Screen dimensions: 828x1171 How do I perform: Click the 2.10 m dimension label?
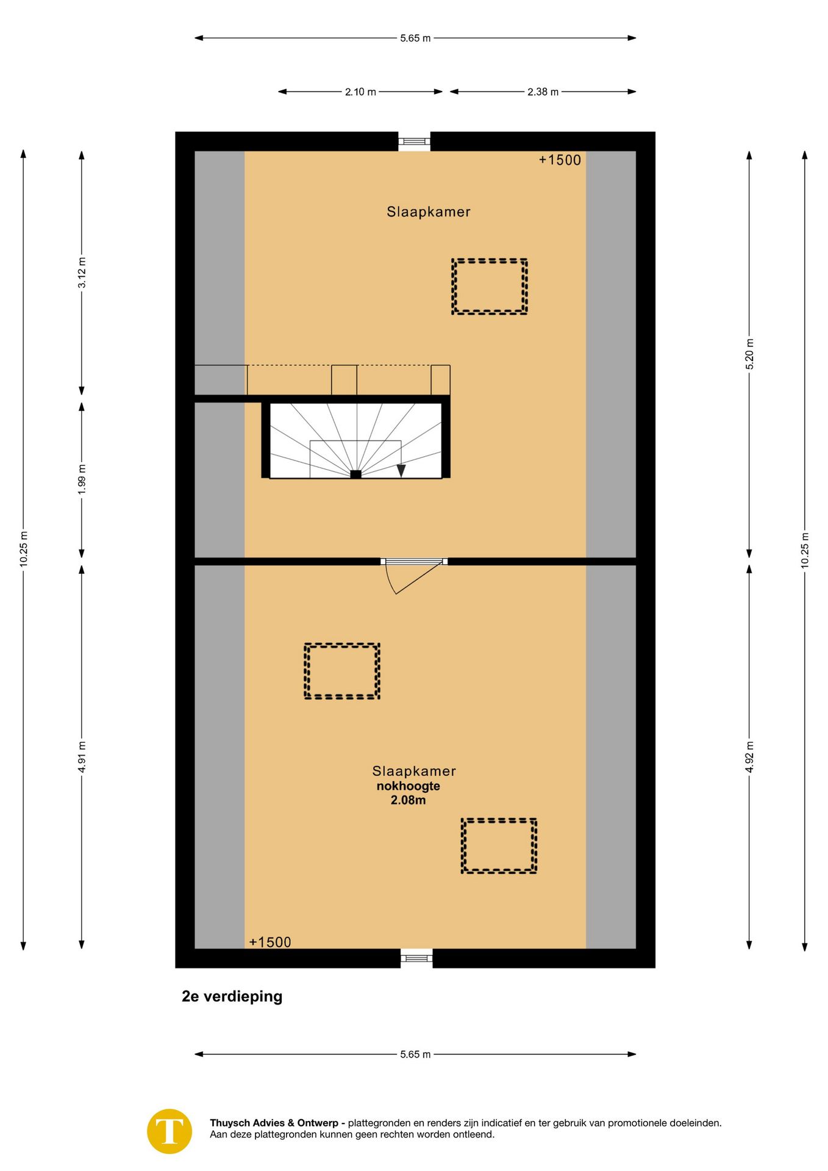tap(360, 92)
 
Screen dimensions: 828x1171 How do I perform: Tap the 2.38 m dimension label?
tap(543, 92)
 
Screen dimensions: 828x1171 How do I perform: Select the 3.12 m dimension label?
tap(82, 273)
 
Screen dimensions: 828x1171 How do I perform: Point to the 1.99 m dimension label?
tap(82, 479)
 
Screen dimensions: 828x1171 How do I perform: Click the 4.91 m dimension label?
tap(82, 757)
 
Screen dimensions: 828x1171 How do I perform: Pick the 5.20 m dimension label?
tap(749, 354)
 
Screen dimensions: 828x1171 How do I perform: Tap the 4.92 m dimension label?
tap(749, 757)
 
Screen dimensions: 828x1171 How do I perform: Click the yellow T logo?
tap(170, 1131)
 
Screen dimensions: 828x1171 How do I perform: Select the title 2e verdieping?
tap(232, 997)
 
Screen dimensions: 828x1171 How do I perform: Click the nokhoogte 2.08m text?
tap(408, 793)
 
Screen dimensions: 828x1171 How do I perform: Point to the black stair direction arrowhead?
tap(401, 470)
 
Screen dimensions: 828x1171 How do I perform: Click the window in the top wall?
tap(414, 141)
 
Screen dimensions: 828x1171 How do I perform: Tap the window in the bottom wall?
tap(416, 958)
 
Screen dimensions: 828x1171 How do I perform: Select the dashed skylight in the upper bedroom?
tap(489, 287)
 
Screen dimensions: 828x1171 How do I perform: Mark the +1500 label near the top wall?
tap(560, 160)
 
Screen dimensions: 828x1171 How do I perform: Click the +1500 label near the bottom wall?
tap(270, 942)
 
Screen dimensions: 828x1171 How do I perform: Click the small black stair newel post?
tap(355, 474)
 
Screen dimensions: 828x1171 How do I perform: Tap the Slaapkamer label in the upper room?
tap(429, 212)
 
